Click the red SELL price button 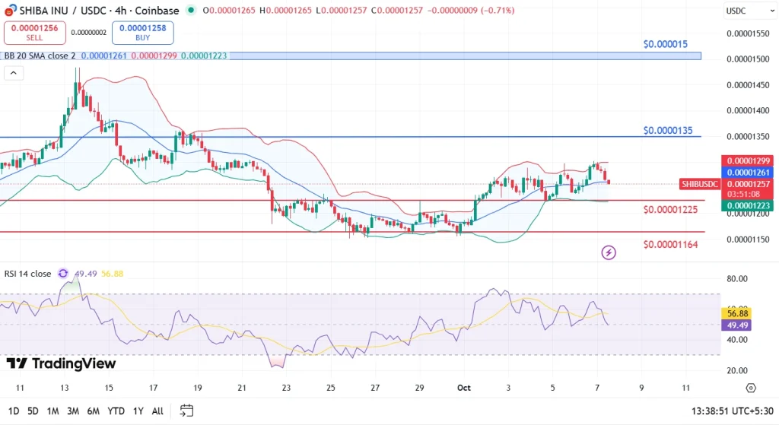pos(34,32)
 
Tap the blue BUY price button pos(142,32)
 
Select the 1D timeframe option pos(14,411)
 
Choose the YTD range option pos(116,411)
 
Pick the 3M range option pos(73,411)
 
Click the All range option pos(157,411)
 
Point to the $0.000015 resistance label pos(665,44)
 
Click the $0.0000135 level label pos(668,131)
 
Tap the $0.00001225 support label pos(670,209)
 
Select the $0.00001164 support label pos(670,244)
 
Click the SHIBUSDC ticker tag pos(699,184)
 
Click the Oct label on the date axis pos(464,388)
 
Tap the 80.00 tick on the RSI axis pos(738,279)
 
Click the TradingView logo pos(61,363)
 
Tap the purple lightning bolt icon pos(609,252)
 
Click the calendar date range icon pos(186,411)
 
